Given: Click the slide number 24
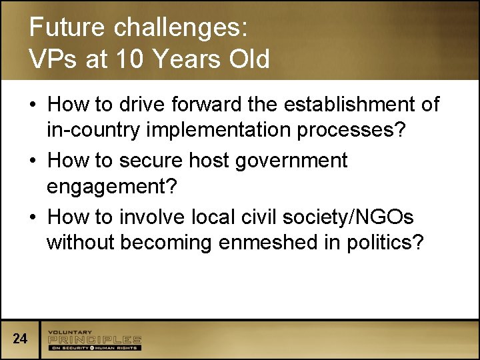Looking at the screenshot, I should (20, 339).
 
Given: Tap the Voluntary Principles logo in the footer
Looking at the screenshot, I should (94, 340).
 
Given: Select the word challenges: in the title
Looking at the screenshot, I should (181, 28).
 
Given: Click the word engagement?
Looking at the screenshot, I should (112, 187).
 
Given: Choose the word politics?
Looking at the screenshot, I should (385, 243).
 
